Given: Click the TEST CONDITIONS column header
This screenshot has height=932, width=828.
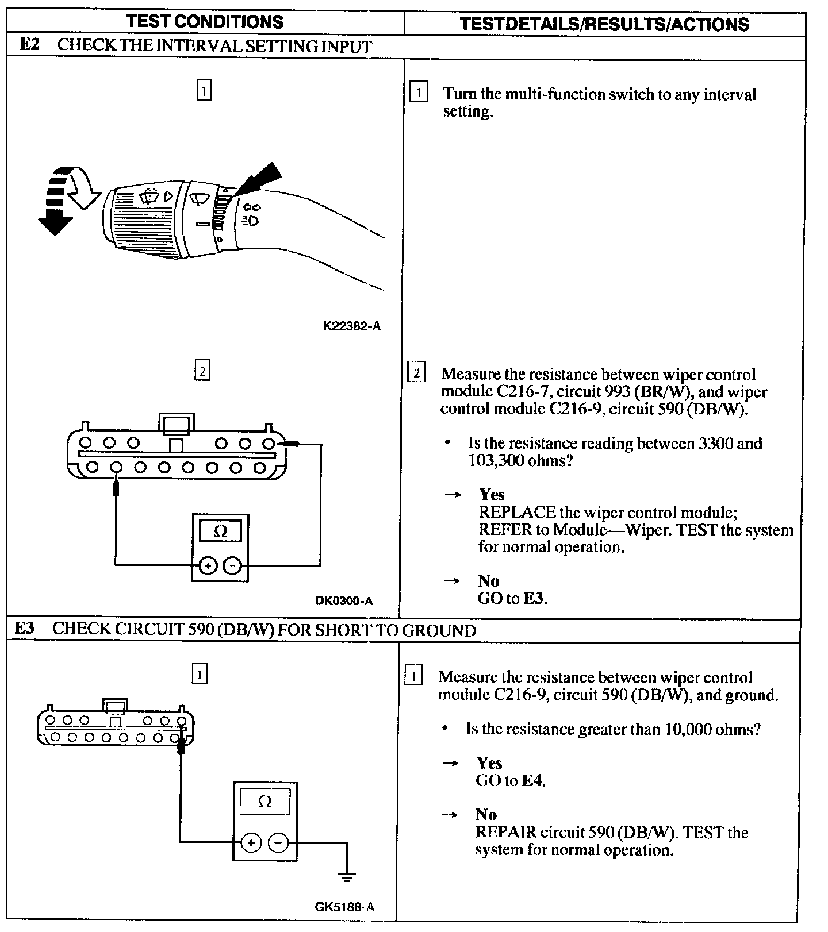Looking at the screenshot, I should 205,22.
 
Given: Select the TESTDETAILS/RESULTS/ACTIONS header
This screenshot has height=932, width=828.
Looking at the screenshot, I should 604,24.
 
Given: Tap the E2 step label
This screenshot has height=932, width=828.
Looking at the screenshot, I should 29,45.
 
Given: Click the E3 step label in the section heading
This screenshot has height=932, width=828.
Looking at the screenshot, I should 24,629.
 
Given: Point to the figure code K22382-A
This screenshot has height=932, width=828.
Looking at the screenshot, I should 352,326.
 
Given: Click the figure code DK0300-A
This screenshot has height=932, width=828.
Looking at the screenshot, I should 344,601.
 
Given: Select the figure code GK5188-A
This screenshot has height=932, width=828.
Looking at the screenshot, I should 344,907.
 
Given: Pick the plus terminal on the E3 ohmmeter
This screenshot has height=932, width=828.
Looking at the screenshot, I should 251,843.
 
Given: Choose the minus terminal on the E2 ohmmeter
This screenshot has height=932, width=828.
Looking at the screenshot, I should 232,566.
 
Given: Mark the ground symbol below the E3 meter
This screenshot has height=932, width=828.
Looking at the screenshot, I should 346,877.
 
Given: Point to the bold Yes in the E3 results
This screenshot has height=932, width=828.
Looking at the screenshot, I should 489,762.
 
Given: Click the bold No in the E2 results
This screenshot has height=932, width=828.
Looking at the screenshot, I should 488,581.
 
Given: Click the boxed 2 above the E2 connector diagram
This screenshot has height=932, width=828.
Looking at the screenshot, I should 202,371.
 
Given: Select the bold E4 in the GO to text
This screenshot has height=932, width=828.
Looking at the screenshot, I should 532,780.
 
